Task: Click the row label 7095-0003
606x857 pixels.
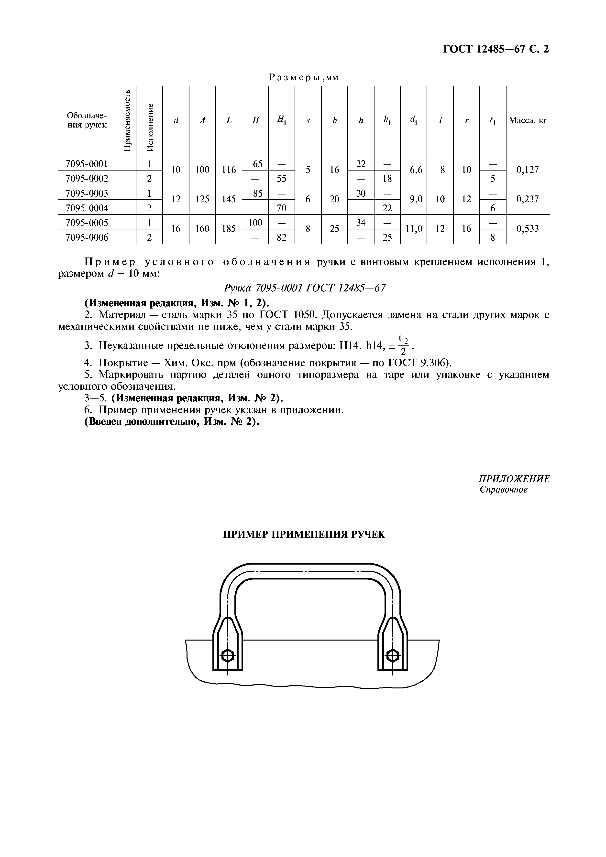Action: [x=87, y=193]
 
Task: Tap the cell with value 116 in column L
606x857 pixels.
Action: [x=229, y=170]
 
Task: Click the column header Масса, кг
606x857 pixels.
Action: [x=528, y=121]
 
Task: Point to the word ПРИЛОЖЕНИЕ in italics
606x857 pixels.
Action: [x=514, y=479]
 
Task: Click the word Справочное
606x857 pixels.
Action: [x=503, y=490]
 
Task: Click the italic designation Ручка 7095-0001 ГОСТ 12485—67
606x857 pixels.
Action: [x=304, y=288]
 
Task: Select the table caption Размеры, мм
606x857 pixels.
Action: [x=304, y=77]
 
